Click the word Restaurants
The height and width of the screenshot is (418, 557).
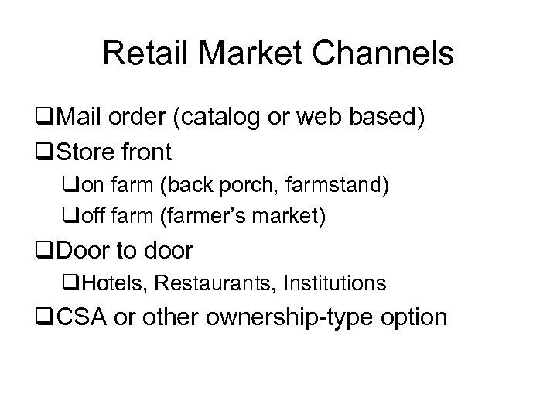pos(205,283)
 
